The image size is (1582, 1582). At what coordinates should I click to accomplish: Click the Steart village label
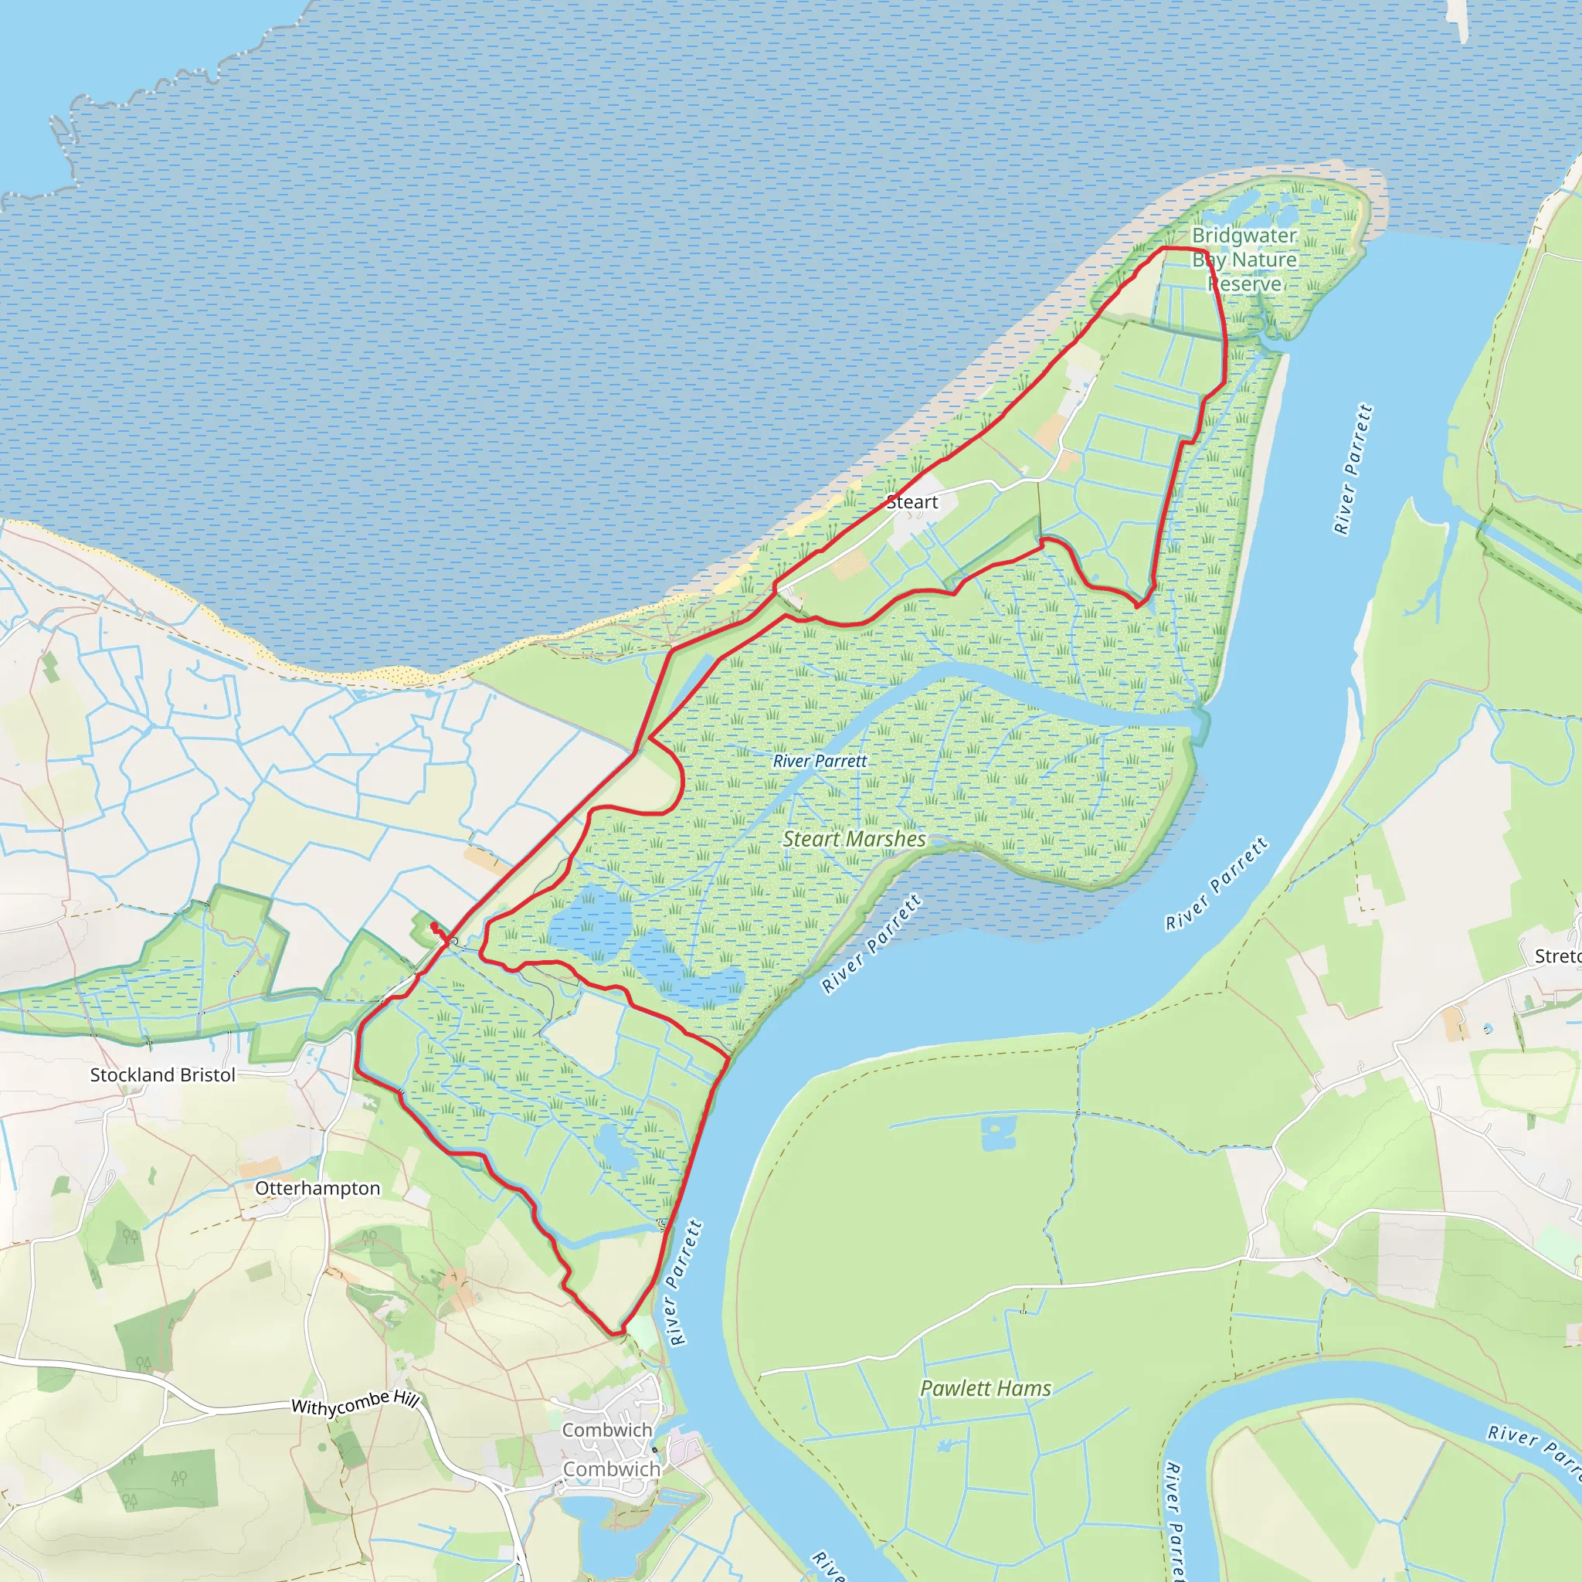[912, 502]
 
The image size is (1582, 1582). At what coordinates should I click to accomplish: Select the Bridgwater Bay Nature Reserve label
[1244, 260]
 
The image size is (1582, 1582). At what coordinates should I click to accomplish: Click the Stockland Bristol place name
[162, 1075]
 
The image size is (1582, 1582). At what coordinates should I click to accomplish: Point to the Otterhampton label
[317, 1188]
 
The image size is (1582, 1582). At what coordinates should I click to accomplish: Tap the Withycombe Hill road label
[355, 1404]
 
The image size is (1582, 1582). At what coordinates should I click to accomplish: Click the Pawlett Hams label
[985, 1388]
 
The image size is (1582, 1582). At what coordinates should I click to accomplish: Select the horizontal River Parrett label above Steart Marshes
[820, 761]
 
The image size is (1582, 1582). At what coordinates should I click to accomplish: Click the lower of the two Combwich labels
[611, 1469]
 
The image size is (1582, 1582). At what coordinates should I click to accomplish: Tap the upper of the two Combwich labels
[606, 1430]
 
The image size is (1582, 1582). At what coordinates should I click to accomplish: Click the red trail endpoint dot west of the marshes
[433, 926]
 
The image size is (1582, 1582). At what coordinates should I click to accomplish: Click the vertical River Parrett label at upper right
[1353, 469]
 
